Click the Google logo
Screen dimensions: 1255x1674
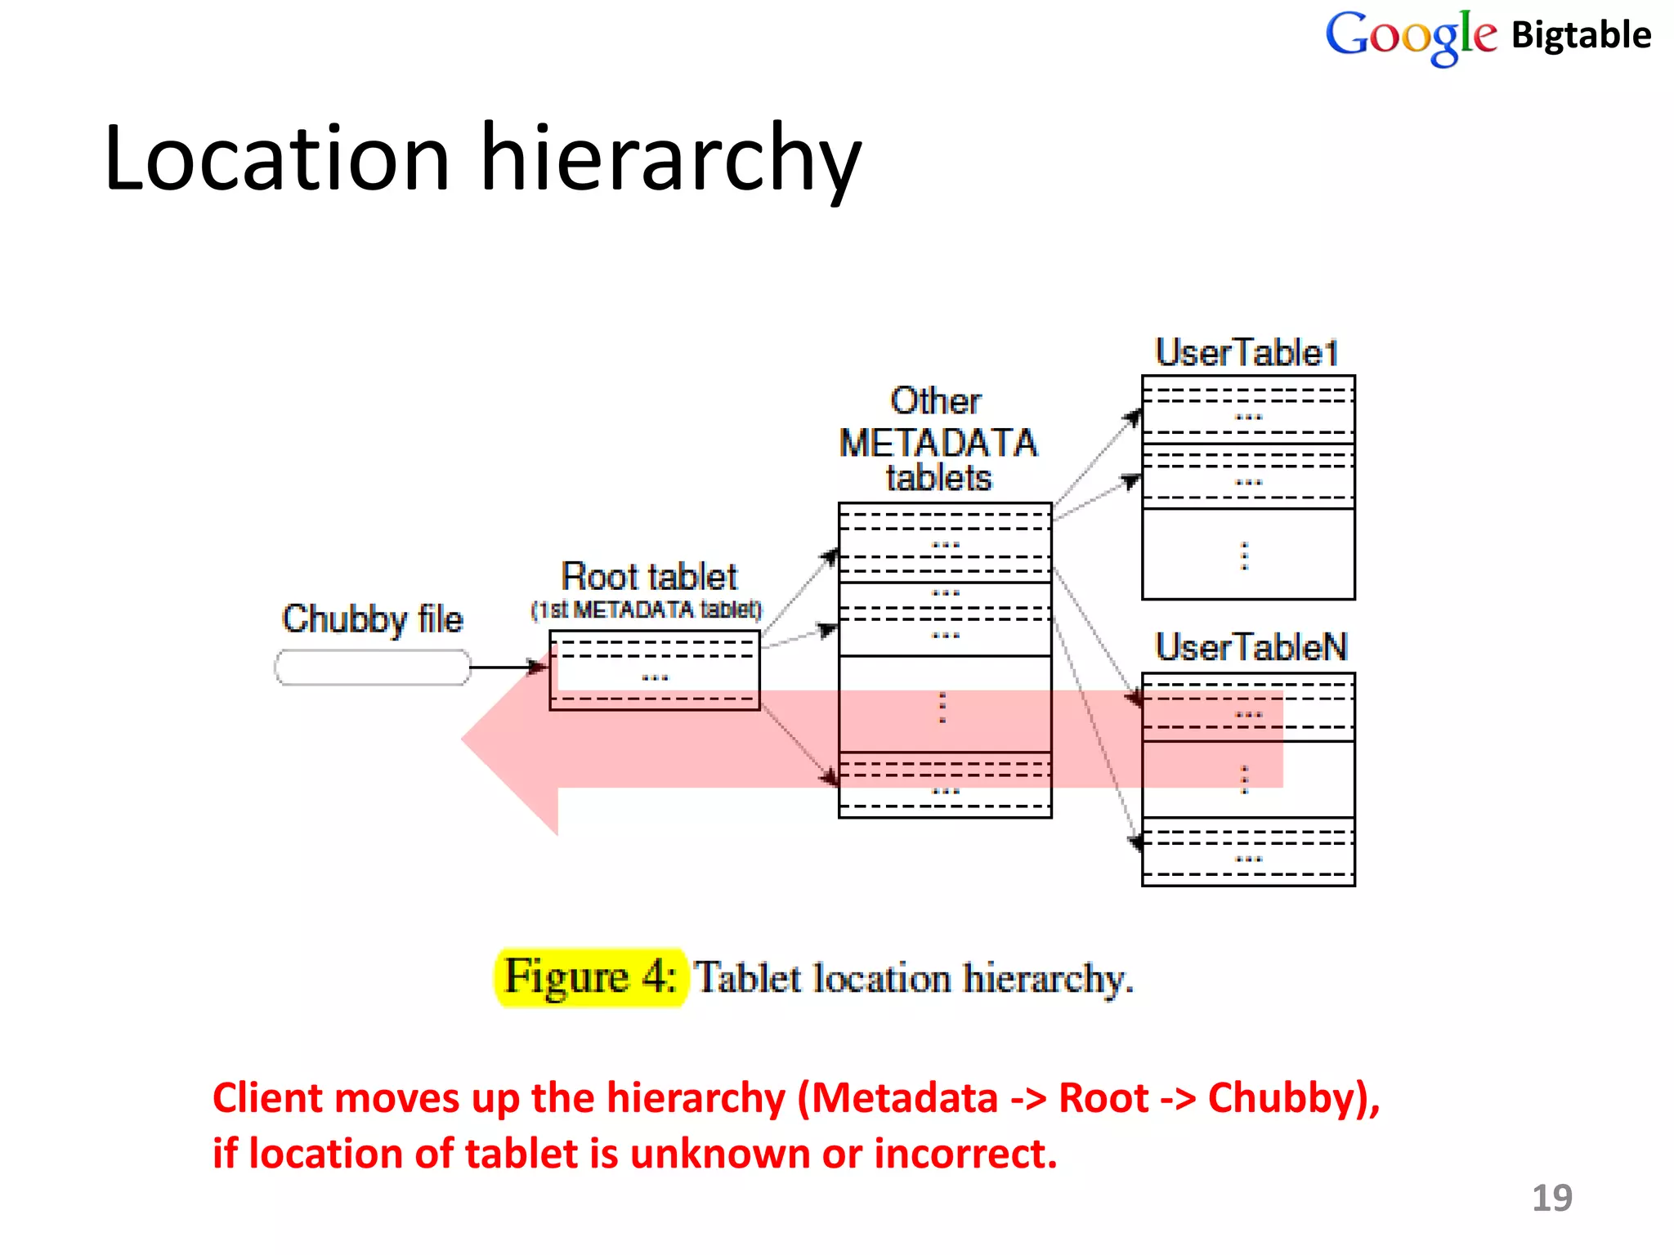click(1410, 37)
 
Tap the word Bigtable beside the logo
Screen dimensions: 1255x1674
click(1581, 36)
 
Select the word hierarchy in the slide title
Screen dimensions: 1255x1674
click(670, 159)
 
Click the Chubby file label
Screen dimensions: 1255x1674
click(373, 619)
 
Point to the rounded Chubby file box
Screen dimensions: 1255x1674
click(373, 668)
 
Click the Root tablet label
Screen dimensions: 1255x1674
click(649, 577)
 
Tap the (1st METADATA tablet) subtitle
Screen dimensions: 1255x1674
click(646, 610)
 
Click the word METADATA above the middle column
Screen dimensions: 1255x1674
click(938, 444)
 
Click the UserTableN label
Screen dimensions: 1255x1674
click(1251, 647)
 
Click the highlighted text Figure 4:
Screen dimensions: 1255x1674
click(590, 977)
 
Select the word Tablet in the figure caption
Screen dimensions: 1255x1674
click(748, 978)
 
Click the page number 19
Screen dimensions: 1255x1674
click(1551, 1198)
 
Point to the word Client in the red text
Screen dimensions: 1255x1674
click(268, 1097)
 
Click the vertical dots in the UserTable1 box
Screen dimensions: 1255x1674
click(1245, 556)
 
